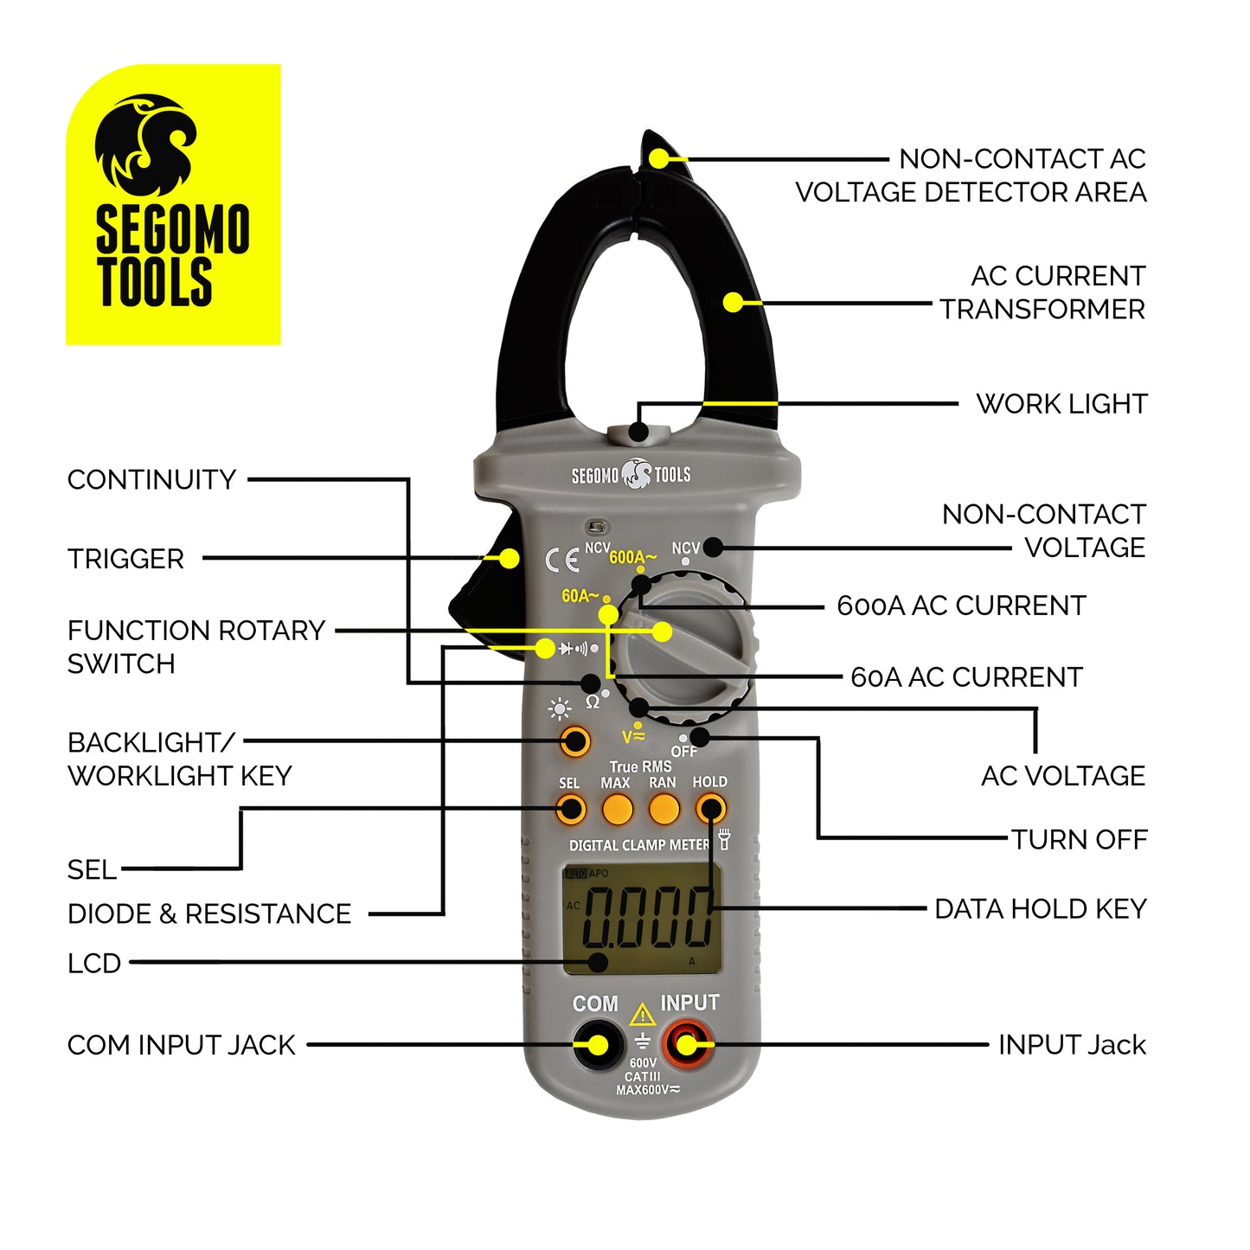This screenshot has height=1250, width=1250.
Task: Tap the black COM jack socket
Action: pos(596,1044)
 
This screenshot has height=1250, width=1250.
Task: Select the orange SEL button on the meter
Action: pos(569,810)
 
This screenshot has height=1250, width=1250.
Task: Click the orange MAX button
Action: pos(617,810)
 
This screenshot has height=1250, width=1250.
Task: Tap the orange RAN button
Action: pos(663,810)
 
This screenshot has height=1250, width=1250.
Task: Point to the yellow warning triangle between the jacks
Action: pos(642,1015)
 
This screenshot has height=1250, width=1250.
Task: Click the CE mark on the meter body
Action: pos(561,561)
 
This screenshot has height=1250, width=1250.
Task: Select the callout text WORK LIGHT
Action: pos(1061,404)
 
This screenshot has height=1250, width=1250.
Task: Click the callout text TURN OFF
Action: pos(1079,839)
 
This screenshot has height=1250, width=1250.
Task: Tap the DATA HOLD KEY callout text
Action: pos(1040,909)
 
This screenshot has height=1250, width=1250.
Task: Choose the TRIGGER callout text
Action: pos(126,559)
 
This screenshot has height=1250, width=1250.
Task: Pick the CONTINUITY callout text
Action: pos(151,479)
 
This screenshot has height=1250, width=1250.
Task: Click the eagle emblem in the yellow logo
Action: pos(145,145)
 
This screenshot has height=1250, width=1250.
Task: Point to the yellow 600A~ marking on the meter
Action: pos(632,557)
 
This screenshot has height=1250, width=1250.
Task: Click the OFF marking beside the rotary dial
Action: pos(683,751)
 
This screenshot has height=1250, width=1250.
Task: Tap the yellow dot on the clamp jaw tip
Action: pos(659,158)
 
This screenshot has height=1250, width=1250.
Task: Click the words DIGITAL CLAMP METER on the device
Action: pos(638,845)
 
